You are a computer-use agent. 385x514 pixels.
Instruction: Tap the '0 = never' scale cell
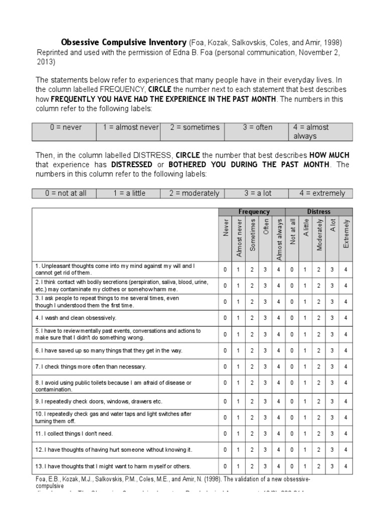[66, 127]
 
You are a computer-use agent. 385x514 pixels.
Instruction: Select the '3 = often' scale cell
[257, 127]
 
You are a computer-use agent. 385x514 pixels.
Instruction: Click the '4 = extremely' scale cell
[322, 193]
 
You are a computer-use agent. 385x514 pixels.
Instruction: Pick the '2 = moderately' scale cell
[194, 193]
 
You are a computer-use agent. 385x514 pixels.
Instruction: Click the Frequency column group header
[254, 212]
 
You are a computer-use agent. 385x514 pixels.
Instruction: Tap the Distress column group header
[319, 212]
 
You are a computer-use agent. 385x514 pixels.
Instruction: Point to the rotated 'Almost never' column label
[239, 238]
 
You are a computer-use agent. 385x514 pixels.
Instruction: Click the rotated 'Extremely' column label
[346, 233]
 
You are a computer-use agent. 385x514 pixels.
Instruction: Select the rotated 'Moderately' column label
[319, 234]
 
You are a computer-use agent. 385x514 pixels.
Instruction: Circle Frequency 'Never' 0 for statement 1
[225, 270]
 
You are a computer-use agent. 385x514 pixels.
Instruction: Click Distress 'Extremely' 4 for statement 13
[345, 466]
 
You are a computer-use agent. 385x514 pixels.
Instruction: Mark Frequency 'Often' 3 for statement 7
[265, 367]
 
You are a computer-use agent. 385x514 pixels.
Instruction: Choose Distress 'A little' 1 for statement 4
[305, 318]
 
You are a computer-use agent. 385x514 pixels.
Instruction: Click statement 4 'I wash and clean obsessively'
[75, 318]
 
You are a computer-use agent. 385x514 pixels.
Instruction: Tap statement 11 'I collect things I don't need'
[74, 433]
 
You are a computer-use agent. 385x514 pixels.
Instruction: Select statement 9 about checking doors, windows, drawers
[99, 402]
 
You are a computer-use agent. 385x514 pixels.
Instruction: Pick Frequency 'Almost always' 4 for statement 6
[279, 351]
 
